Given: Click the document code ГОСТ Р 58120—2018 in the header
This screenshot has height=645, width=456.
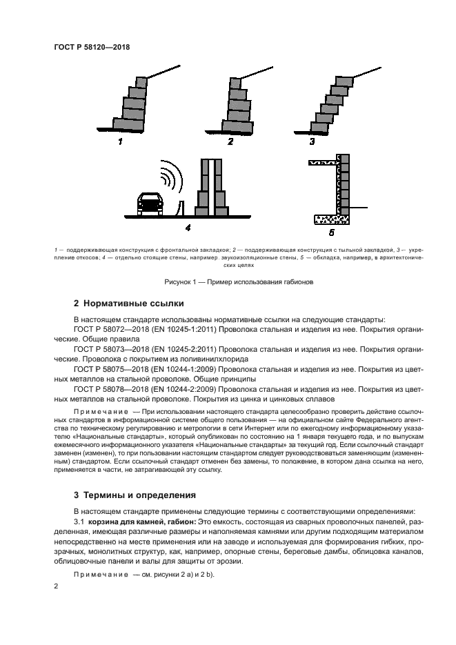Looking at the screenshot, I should click(92, 48).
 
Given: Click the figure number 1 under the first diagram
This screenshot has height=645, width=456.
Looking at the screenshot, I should click(120, 142).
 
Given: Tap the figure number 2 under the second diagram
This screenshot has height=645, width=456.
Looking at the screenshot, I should click(230, 142).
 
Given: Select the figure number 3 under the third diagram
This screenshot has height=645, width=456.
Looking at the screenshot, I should click(312, 142).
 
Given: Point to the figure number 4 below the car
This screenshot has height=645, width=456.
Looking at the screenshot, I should click(188, 226).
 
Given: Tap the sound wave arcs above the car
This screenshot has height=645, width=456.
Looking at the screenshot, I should click(168, 176).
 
